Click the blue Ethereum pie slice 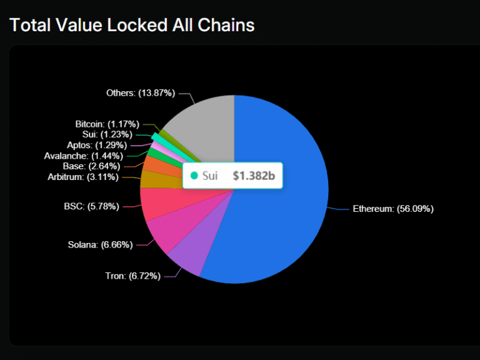pos(281,206)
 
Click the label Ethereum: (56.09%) pos(393,209)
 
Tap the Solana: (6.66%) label pos(100,244)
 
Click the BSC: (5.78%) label pos(91,206)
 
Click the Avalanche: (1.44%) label pos(84,156)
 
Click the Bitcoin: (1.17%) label pos(107,124)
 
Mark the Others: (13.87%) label pos(141,92)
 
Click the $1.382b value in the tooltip pos(254,176)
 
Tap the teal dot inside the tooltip pos(194,176)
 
